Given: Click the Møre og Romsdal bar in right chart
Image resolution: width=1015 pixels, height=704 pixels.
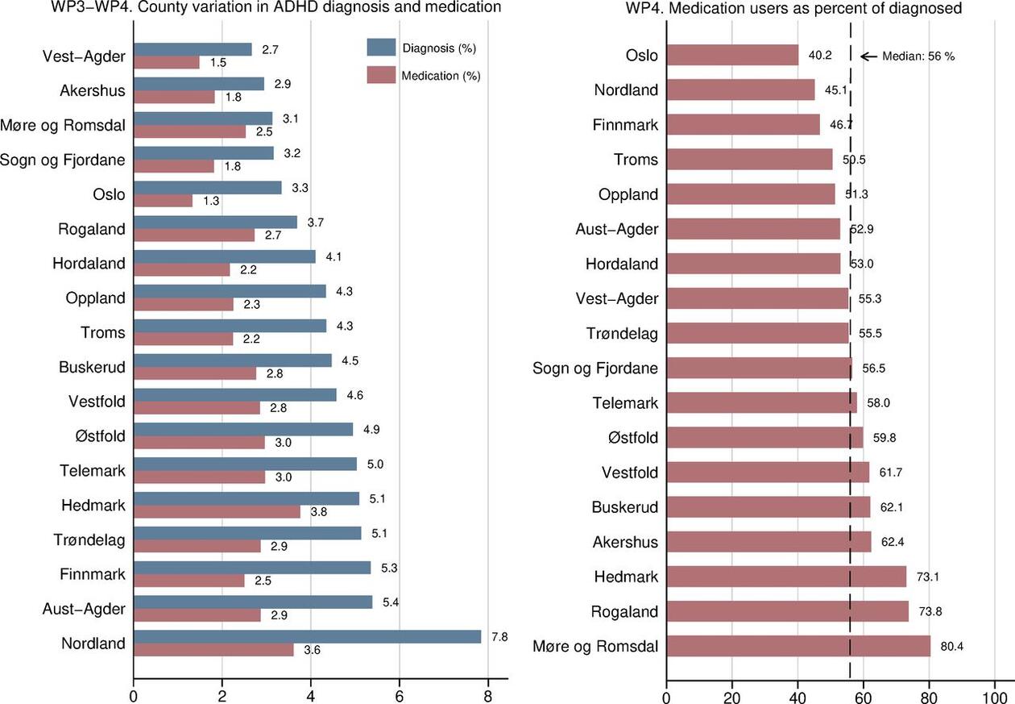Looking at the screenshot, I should pyautogui.click(x=797, y=646).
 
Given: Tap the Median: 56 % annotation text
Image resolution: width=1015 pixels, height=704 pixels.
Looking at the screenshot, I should pyautogui.click(x=918, y=56).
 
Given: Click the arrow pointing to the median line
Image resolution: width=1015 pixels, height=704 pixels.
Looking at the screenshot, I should pyautogui.click(x=868, y=56).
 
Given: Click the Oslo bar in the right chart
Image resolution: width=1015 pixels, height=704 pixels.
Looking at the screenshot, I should pyautogui.click(x=732, y=56).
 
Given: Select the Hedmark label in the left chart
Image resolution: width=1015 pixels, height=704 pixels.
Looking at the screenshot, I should pyautogui.click(x=93, y=506).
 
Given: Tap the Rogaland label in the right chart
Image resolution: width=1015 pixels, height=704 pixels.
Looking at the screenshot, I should pyautogui.click(x=624, y=611).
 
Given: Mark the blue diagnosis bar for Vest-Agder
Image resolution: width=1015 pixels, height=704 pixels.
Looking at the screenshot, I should pyautogui.click(x=193, y=49).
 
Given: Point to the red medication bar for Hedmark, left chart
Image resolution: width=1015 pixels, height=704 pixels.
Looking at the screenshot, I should pyautogui.click(x=217, y=511).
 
